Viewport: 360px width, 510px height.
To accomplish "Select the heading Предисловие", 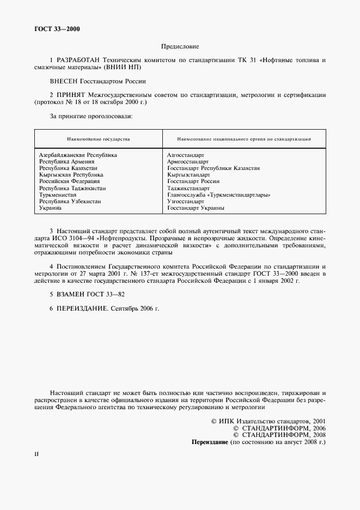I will coord(180,47).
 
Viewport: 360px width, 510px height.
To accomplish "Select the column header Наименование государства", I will coord(99,139).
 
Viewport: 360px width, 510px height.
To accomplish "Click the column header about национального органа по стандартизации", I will coord(244,139).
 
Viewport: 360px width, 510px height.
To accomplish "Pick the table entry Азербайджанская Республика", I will coord(78,155).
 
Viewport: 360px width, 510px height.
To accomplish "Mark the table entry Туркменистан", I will coord(58,195).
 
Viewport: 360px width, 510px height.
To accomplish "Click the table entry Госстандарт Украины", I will coord(196,208).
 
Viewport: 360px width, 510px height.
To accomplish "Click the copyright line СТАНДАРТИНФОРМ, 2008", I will coord(279,435).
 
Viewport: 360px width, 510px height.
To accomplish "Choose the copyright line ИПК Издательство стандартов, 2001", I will coord(268,421).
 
